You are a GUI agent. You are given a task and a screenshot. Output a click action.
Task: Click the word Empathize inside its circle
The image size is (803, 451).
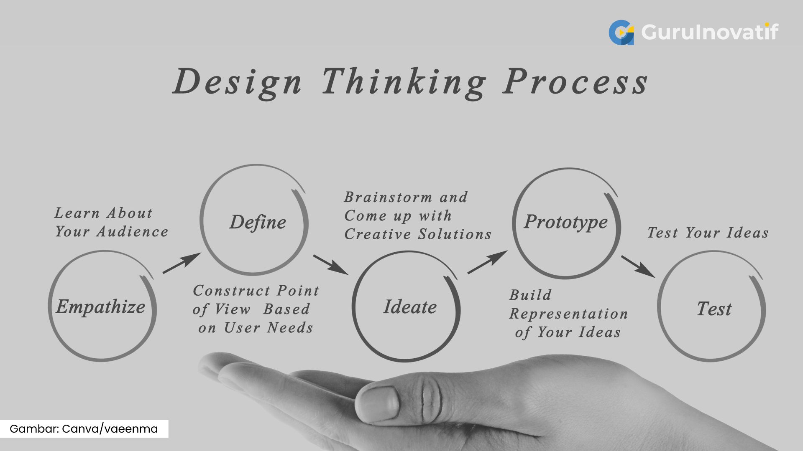point(101,307)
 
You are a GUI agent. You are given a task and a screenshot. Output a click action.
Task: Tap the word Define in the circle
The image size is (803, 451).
point(258,222)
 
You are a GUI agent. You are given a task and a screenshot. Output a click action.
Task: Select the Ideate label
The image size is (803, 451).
point(410,307)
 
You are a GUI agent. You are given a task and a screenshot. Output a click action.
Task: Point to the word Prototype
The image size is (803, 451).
point(566,222)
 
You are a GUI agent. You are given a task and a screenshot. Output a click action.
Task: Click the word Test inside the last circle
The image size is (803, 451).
point(714,309)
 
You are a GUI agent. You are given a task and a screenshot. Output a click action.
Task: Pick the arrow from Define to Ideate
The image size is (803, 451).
point(330,264)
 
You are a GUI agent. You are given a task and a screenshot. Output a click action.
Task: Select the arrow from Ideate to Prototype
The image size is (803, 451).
point(487,262)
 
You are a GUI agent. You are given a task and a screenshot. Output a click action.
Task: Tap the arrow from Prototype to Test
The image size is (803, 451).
point(638,266)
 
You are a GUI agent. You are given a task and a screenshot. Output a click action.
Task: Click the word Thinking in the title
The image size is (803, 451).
point(404,82)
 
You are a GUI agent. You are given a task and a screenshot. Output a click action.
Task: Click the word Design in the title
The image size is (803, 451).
point(238,82)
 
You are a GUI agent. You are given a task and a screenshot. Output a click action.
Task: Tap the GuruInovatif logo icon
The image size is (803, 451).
point(621,32)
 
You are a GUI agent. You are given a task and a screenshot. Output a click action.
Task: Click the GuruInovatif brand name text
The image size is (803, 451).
point(710,32)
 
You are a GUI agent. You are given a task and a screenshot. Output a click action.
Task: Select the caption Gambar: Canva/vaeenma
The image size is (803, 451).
point(84,429)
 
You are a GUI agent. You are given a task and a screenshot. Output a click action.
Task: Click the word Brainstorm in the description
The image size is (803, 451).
point(388,197)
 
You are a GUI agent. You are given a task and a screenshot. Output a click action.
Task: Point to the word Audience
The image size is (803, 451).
point(132,232)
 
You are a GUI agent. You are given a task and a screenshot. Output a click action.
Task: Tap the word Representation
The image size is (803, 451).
point(568,314)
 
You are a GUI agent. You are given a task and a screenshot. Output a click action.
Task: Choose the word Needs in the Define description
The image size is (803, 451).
point(290,328)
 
